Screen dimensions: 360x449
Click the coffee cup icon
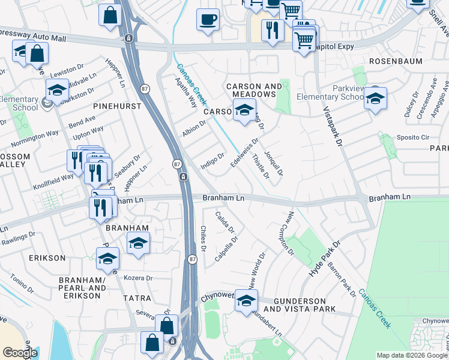[x=208, y=19]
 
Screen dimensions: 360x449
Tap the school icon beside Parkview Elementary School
[x=375, y=99]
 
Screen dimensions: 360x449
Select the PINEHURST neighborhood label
[x=117, y=106]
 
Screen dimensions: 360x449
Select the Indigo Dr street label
[x=212, y=161]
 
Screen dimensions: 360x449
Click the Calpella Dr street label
[x=226, y=249]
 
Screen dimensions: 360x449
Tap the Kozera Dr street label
[x=138, y=278]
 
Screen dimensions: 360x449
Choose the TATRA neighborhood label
[x=133, y=298]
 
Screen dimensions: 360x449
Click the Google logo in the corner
[x=20, y=353]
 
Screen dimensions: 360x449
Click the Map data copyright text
[x=412, y=355]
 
